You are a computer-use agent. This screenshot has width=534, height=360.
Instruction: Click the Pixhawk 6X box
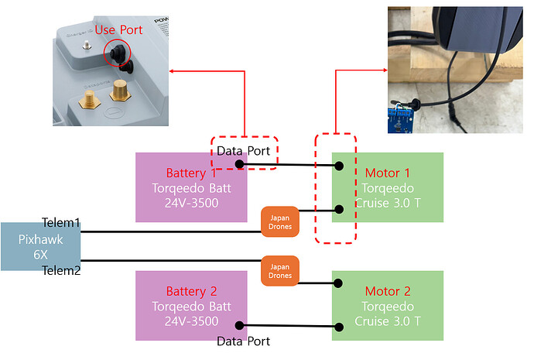tap(39, 246)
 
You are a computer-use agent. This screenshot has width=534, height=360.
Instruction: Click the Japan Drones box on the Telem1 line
tap(279, 221)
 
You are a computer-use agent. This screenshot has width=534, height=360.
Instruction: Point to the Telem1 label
tap(61, 222)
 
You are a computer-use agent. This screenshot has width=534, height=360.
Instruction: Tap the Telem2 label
tap(61, 270)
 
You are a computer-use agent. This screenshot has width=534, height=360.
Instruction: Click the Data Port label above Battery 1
tap(243, 151)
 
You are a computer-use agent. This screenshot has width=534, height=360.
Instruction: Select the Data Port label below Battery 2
tap(243, 341)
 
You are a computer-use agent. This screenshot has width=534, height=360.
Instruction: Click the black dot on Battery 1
tap(239, 164)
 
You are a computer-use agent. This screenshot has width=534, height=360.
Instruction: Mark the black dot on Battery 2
tap(239, 326)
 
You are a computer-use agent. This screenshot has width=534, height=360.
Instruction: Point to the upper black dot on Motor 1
tap(339, 165)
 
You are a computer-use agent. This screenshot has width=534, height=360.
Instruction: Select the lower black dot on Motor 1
tap(339, 209)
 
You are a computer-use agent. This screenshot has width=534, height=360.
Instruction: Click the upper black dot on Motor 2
tap(339, 283)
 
